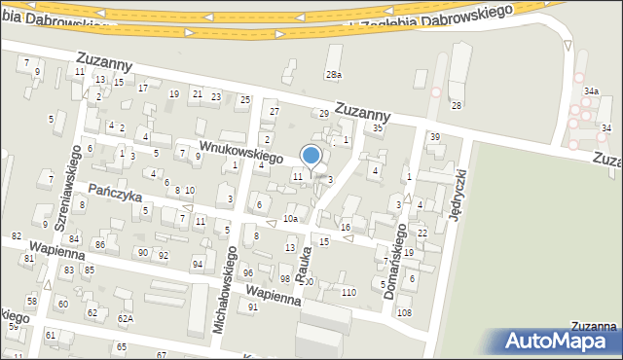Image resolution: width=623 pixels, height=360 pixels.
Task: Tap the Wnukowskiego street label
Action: [x=241, y=151]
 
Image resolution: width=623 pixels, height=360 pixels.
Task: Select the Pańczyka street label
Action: [x=115, y=191]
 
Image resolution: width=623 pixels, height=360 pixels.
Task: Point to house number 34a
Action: [x=590, y=90]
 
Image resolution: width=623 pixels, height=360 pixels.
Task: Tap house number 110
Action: [x=348, y=293]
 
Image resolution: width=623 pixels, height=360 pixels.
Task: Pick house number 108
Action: [x=404, y=312]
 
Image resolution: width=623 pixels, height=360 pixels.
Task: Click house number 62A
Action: [x=125, y=318]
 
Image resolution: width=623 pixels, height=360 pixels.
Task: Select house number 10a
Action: [x=290, y=219]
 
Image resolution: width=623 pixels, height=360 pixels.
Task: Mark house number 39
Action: [x=435, y=136]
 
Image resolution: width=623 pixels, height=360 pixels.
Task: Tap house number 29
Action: [x=324, y=114]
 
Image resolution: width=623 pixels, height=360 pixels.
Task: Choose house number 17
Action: [x=142, y=89]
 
